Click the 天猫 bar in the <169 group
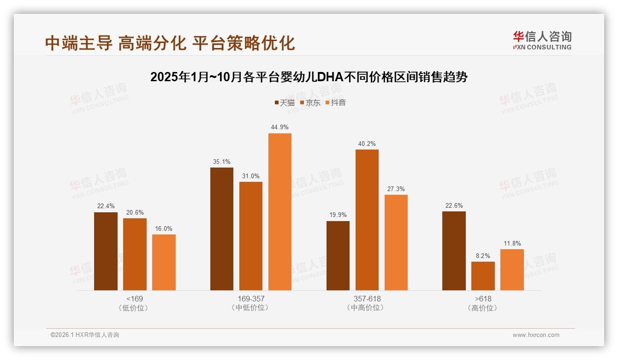tap(106, 251)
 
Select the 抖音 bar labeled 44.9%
tap(280, 212)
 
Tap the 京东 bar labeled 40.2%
tap(367, 220)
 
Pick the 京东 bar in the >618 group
tap(483, 276)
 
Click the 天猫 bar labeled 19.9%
tap(338, 256)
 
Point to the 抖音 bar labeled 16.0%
tap(164, 262)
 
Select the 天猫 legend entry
tap(285, 102)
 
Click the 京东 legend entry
tap(310, 102)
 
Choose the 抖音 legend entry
tap(335, 102)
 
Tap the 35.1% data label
tap(222, 162)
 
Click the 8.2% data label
tap(483, 256)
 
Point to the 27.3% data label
tap(396, 189)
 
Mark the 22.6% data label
tap(454, 205)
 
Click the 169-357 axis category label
tap(251, 299)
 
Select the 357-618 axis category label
tap(367, 299)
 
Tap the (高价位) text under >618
tap(483, 308)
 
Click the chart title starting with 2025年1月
tap(309, 77)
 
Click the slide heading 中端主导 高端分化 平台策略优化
tap(170, 43)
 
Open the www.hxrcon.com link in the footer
tap(536, 335)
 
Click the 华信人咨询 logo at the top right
tap(542, 41)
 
